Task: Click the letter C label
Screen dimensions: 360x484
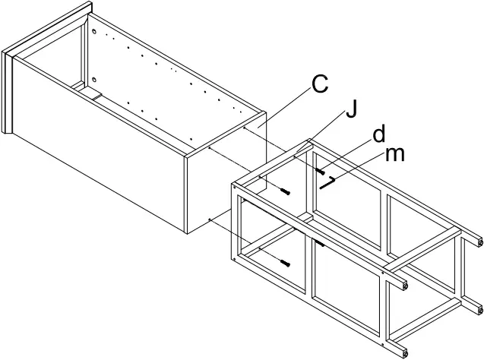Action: click(320, 84)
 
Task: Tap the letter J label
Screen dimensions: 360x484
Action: click(350, 111)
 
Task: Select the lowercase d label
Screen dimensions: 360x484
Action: click(378, 135)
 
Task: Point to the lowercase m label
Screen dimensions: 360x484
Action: click(395, 154)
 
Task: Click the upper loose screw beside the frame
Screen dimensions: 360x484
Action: click(286, 192)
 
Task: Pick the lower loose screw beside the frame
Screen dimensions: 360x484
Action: click(286, 263)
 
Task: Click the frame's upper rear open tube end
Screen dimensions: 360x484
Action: click(480, 242)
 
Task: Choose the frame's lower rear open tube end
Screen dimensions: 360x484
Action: click(480, 308)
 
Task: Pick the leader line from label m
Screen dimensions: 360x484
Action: click(357, 169)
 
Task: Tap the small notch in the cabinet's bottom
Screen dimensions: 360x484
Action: click(97, 96)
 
